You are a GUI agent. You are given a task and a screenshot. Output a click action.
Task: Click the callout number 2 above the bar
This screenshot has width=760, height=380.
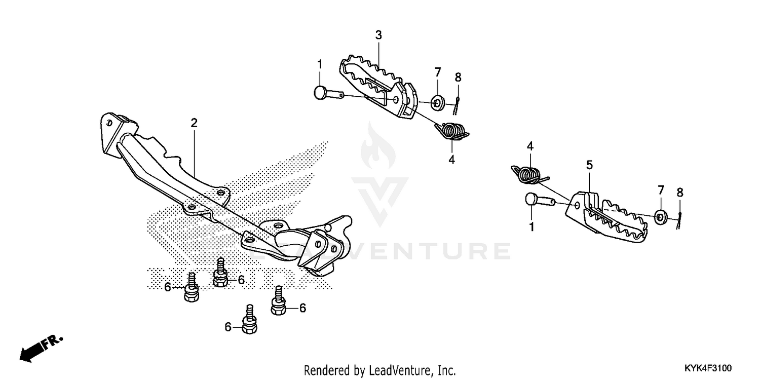coord(194,123)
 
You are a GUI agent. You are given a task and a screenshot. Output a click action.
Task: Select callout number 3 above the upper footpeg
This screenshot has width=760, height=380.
coord(378,35)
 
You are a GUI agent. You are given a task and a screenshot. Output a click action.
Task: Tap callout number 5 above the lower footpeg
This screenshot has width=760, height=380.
coord(589,165)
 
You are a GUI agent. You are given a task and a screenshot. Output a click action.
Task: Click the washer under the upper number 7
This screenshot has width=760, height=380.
coord(438,103)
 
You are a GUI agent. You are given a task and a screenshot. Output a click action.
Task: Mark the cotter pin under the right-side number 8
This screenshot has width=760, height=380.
coord(680,218)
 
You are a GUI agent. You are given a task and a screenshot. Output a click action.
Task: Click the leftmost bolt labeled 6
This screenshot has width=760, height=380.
coord(192,289)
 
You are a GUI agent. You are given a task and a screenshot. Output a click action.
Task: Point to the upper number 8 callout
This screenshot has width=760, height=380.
coord(458,78)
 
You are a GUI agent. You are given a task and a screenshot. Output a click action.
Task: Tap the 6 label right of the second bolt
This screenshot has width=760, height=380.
coord(241,280)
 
